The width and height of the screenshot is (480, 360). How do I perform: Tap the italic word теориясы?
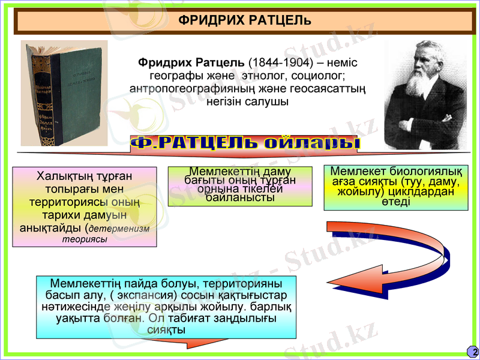(x=85, y=239)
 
